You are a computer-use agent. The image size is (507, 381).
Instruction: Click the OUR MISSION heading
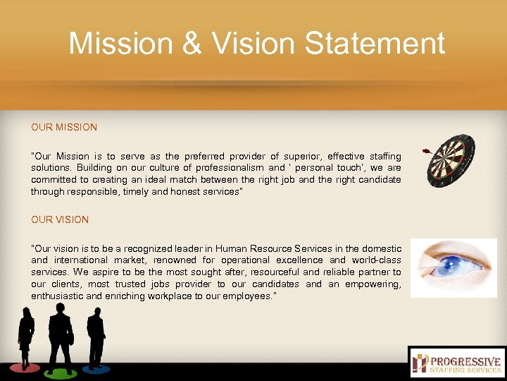click(x=64, y=128)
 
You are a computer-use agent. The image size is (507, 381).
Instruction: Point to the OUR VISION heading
click(x=60, y=219)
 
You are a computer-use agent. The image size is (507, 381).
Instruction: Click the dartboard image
click(x=452, y=161)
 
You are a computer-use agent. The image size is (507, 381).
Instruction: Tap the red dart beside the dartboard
click(x=426, y=151)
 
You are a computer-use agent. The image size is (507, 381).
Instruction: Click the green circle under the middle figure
click(x=60, y=372)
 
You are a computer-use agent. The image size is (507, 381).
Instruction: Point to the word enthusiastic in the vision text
click(x=58, y=296)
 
